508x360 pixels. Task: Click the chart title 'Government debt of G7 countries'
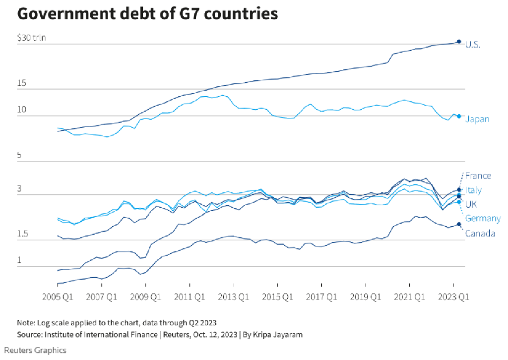pyautogui.click(x=147, y=14)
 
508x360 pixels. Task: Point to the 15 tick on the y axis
pyautogui.click(x=21, y=84)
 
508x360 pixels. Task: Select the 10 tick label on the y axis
pyautogui.click(x=21, y=110)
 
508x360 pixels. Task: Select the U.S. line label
pyautogui.click(x=473, y=44)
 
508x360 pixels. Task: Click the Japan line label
pyautogui.click(x=477, y=119)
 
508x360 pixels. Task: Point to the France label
pyautogui.click(x=478, y=176)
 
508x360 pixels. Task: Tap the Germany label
pyautogui.click(x=483, y=219)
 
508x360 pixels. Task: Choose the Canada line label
pyautogui.click(x=480, y=233)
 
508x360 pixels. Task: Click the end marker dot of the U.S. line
pyautogui.click(x=459, y=42)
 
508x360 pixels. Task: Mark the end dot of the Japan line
pyautogui.click(x=459, y=117)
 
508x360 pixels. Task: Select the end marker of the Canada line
pyautogui.click(x=459, y=225)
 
